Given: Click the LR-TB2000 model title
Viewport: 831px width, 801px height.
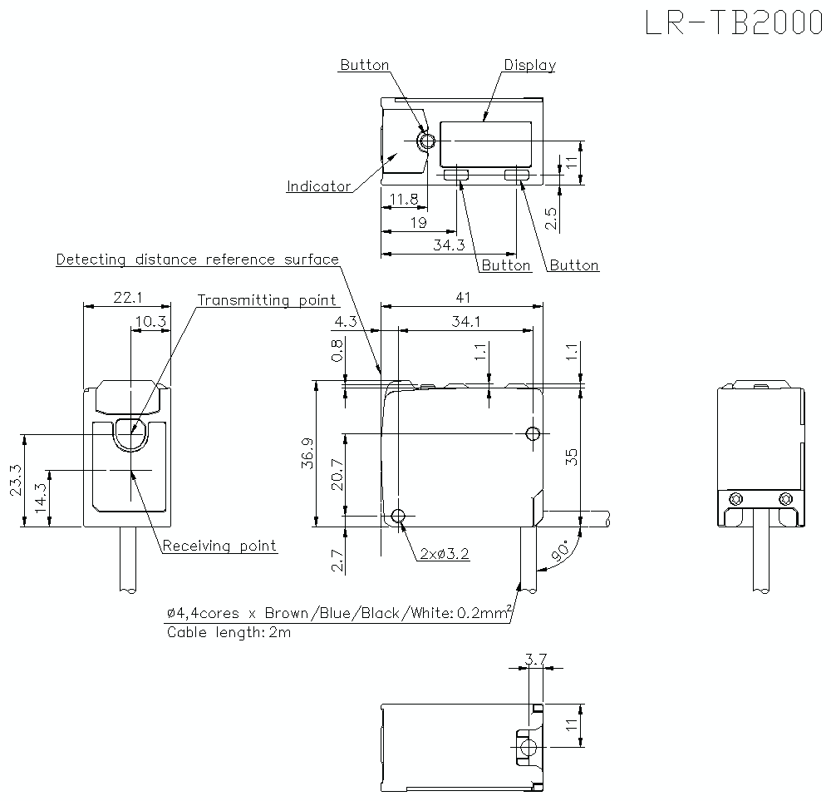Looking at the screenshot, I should pyautogui.click(x=734, y=23).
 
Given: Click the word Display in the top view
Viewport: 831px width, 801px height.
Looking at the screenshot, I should pyautogui.click(x=529, y=65).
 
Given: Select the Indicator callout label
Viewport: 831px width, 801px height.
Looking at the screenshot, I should pyautogui.click(x=318, y=186).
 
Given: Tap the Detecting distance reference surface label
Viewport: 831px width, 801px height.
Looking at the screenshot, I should pyautogui.click(x=197, y=260).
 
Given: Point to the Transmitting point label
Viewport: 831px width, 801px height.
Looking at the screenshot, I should pyautogui.click(x=267, y=300).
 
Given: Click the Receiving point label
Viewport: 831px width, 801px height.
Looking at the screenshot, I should pyautogui.click(x=219, y=546).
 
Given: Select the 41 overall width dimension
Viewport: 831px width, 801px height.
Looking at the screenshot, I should pyautogui.click(x=464, y=297).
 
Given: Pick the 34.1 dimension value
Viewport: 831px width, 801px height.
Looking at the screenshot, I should pyautogui.click(x=465, y=321).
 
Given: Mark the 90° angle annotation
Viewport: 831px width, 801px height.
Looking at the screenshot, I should pyautogui.click(x=562, y=550).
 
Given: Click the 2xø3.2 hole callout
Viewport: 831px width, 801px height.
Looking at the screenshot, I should pyautogui.click(x=444, y=553).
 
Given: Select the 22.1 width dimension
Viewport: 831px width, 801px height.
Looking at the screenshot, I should pyautogui.click(x=127, y=297).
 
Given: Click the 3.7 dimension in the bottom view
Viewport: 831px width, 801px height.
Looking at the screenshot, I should pyautogui.click(x=536, y=660).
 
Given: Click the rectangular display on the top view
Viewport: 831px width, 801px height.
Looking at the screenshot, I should pyautogui.click(x=485, y=143).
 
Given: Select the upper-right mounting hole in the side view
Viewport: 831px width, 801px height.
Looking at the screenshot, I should pyautogui.click(x=533, y=433).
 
